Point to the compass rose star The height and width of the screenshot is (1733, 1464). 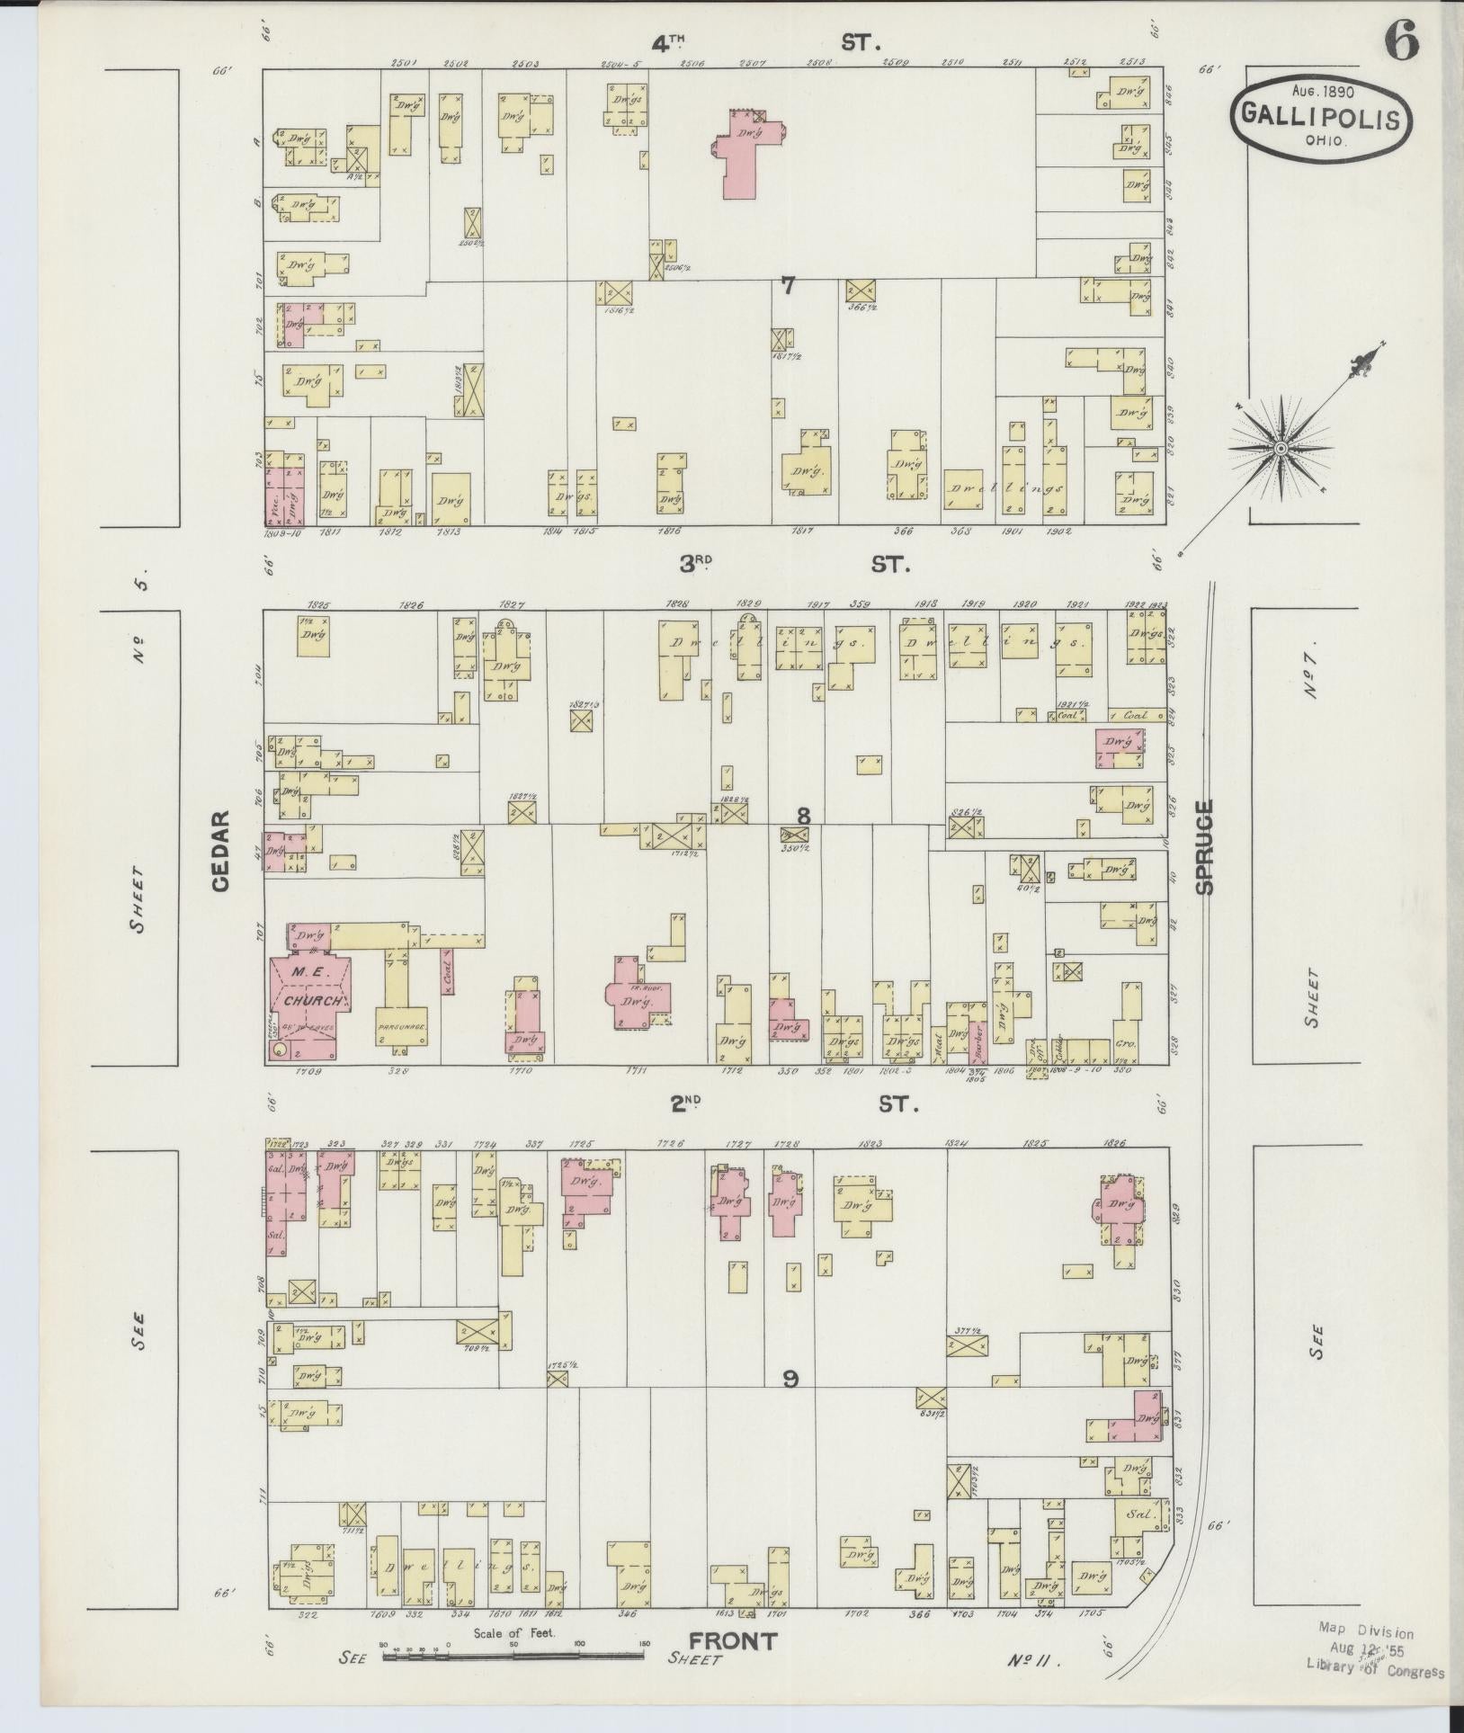(x=1281, y=447)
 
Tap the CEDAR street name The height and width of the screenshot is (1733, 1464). (x=221, y=851)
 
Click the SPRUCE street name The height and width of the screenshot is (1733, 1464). (x=1204, y=846)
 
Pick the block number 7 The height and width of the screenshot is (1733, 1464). (x=788, y=286)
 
